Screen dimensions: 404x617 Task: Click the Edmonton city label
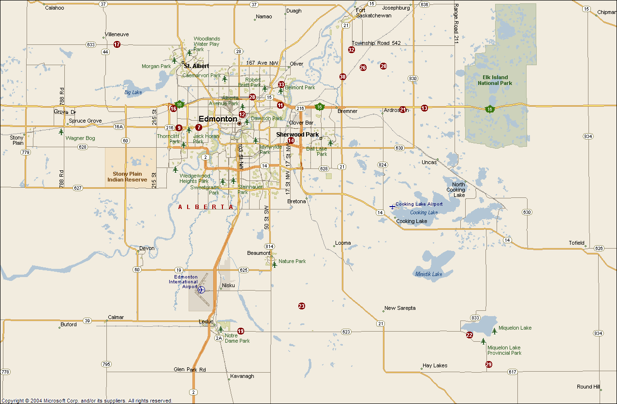pyautogui.click(x=218, y=119)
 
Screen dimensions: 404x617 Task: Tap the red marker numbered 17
pyautogui.click(x=117, y=44)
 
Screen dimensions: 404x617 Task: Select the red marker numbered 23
pyautogui.click(x=302, y=306)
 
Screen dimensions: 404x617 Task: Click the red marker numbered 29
pyautogui.click(x=488, y=364)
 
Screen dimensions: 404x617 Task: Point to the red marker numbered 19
pyautogui.click(x=241, y=331)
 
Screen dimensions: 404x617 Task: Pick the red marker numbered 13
pyautogui.click(x=424, y=108)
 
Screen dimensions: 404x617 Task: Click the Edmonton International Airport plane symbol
pyautogui.click(x=202, y=290)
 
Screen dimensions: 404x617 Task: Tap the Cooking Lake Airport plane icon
pyautogui.click(x=392, y=207)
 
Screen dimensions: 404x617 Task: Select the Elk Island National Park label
pyautogui.click(x=495, y=80)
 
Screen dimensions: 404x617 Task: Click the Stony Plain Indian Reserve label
pyautogui.click(x=127, y=177)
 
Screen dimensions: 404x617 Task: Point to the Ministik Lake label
pyautogui.click(x=428, y=274)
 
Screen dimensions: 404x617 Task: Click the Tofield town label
pyautogui.click(x=576, y=243)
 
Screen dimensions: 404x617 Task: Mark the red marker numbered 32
pyautogui.click(x=352, y=50)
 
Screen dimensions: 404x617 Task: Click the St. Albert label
pyautogui.click(x=196, y=66)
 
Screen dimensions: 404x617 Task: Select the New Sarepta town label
pyautogui.click(x=399, y=308)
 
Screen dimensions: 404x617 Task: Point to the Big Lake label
pyautogui.click(x=133, y=92)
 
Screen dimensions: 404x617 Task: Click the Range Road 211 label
pyautogui.click(x=455, y=24)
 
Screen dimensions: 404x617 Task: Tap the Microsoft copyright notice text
pyautogui.click(x=87, y=401)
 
